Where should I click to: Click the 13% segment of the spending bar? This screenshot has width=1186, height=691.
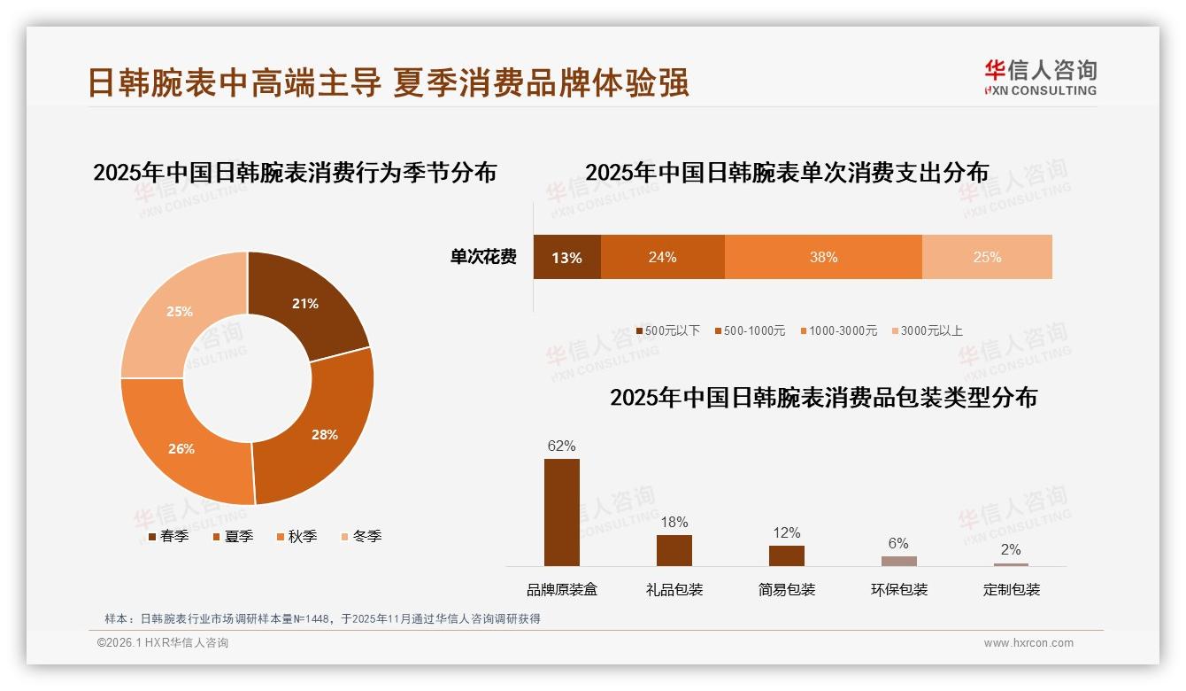(566, 258)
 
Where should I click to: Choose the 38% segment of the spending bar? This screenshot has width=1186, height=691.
(823, 258)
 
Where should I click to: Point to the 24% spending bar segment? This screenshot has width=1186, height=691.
(662, 258)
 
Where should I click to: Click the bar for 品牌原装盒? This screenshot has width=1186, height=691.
(562, 512)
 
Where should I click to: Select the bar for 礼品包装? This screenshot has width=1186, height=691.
(674, 550)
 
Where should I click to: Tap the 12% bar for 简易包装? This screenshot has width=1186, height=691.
(787, 555)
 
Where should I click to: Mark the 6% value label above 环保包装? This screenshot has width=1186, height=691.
(898, 544)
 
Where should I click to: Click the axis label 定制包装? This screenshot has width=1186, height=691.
(1012, 590)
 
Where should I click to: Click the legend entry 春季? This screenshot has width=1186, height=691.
(168, 537)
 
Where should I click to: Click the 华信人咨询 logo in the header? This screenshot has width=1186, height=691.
(1040, 77)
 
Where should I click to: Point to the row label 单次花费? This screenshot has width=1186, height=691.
(483, 258)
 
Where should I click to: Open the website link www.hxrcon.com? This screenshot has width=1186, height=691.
(1028, 643)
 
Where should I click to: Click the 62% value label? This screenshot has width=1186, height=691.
(561, 446)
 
